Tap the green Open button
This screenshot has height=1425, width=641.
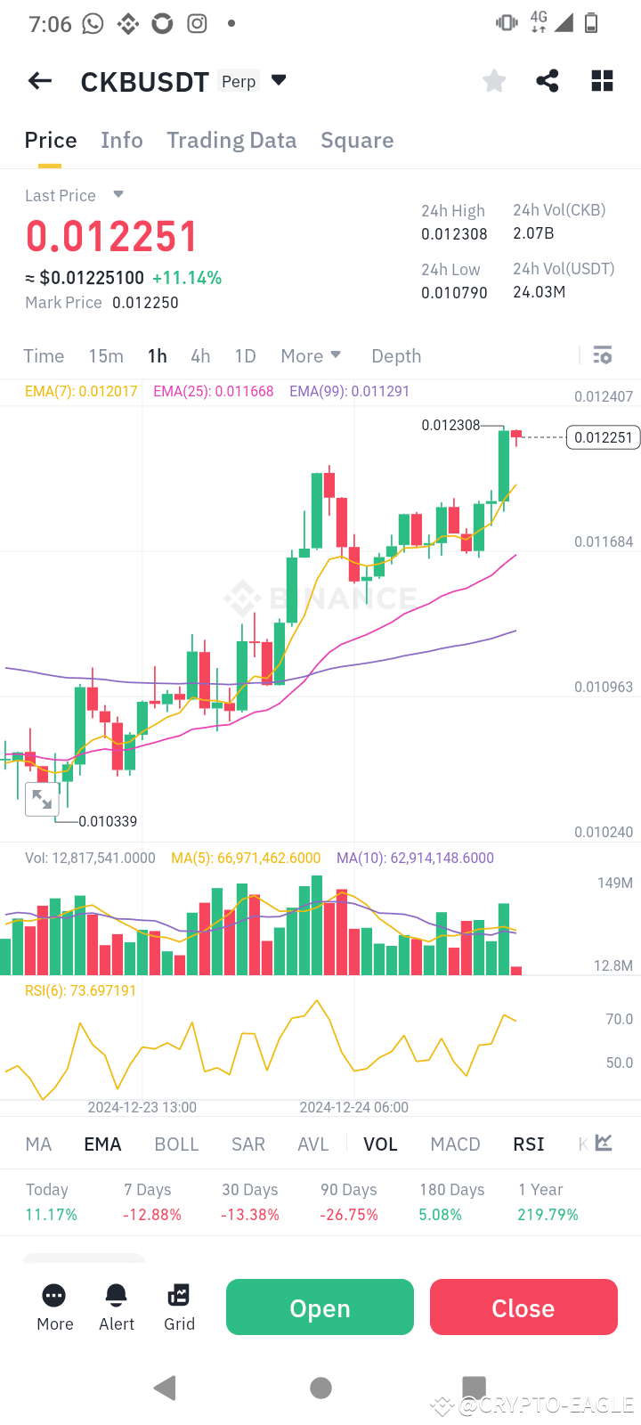point(320,1307)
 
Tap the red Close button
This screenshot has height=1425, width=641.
point(523,1307)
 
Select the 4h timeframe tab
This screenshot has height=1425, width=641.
point(200,356)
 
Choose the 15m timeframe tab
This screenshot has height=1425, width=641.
point(106,356)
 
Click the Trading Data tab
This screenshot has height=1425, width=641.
point(231,141)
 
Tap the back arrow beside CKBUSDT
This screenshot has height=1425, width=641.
point(40,81)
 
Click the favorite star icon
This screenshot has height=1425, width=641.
point(494,81)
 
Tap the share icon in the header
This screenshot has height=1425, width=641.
point(548,81)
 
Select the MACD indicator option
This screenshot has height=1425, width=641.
point(455,1144)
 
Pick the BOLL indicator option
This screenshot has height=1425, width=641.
point(176,1144)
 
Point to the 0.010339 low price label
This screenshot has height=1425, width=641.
point(108,821)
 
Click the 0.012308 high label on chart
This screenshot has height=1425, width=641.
point(450,425)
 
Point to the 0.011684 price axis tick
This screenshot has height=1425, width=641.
point(604,541)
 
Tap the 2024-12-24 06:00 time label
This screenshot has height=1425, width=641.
point(353,1107)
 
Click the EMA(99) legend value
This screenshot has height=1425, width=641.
point(349,391)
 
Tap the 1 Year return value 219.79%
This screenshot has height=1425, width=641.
point(548,1215)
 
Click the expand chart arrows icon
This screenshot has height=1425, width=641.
point(42,799)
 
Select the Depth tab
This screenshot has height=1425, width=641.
point(396,356)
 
